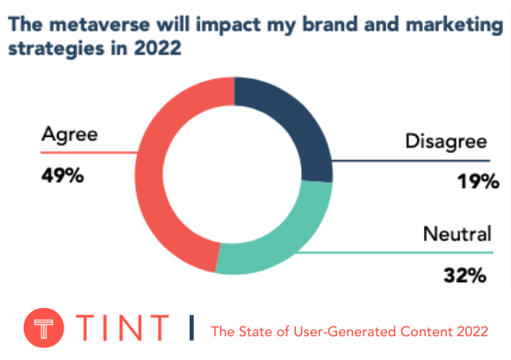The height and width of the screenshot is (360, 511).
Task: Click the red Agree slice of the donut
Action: click(x=155, y=176)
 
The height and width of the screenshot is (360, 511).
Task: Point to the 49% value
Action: click(x=62, y=176)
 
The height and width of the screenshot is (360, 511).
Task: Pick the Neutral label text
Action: click(x=455, y=234)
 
